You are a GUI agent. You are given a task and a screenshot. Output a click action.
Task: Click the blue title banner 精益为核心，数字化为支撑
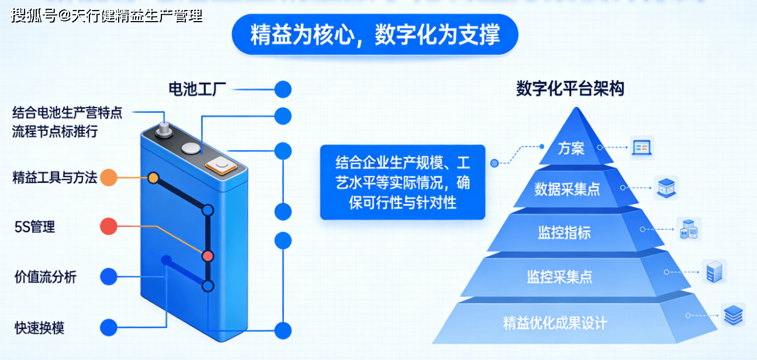[375, 34]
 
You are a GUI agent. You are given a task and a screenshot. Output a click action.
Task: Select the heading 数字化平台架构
[570, 89]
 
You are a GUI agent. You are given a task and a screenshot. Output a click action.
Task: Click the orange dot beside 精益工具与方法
[108, 177]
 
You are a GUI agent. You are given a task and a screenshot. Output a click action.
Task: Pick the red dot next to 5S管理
[108, 226]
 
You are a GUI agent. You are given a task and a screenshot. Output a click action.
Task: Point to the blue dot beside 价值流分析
[108, 277]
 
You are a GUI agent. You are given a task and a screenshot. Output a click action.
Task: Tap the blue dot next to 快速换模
[108, 327]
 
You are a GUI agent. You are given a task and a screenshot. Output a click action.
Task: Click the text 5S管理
[35, 227]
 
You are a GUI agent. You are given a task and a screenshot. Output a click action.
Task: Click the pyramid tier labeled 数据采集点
[566, 189]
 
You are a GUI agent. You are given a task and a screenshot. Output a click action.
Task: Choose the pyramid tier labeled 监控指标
[564, 233]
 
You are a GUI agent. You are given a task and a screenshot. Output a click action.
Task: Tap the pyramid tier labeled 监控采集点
[559, 276]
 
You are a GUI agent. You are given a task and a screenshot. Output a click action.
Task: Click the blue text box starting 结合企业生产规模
[402, 182]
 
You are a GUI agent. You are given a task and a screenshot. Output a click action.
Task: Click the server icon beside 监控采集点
[714, 272]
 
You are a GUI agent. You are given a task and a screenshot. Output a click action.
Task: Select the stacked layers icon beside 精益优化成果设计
[732, 315]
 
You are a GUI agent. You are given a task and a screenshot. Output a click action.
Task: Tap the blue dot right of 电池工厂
[283, 89]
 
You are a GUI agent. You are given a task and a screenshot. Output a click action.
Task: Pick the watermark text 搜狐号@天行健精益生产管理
[107, 16]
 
